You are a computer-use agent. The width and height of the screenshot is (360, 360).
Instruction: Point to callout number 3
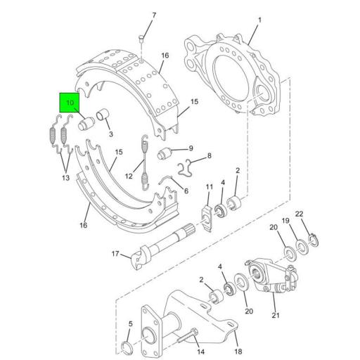click(x=111, y=134)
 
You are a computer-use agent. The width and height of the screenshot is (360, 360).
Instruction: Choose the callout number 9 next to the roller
click(x=190, y=149)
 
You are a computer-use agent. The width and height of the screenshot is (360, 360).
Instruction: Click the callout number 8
click(x=208, y=155)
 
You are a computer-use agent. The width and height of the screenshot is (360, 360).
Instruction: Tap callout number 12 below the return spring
click(x=129, y=176)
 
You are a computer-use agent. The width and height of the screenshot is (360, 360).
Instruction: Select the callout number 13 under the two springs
click(x=65, y=179)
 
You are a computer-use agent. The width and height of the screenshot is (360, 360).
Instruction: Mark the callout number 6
click(x=186, y=191)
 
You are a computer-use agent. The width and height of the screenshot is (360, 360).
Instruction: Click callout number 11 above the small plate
click(x=209, y=186)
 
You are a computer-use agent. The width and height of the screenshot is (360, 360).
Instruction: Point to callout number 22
click(x=299, y=214)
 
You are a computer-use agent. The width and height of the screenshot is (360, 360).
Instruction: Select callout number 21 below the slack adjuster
click(x=276, y=316)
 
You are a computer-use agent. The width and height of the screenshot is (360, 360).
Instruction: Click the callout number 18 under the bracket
click(x=238, y=332)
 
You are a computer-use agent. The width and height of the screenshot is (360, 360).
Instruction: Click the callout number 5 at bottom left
click(x=129, y=324)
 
